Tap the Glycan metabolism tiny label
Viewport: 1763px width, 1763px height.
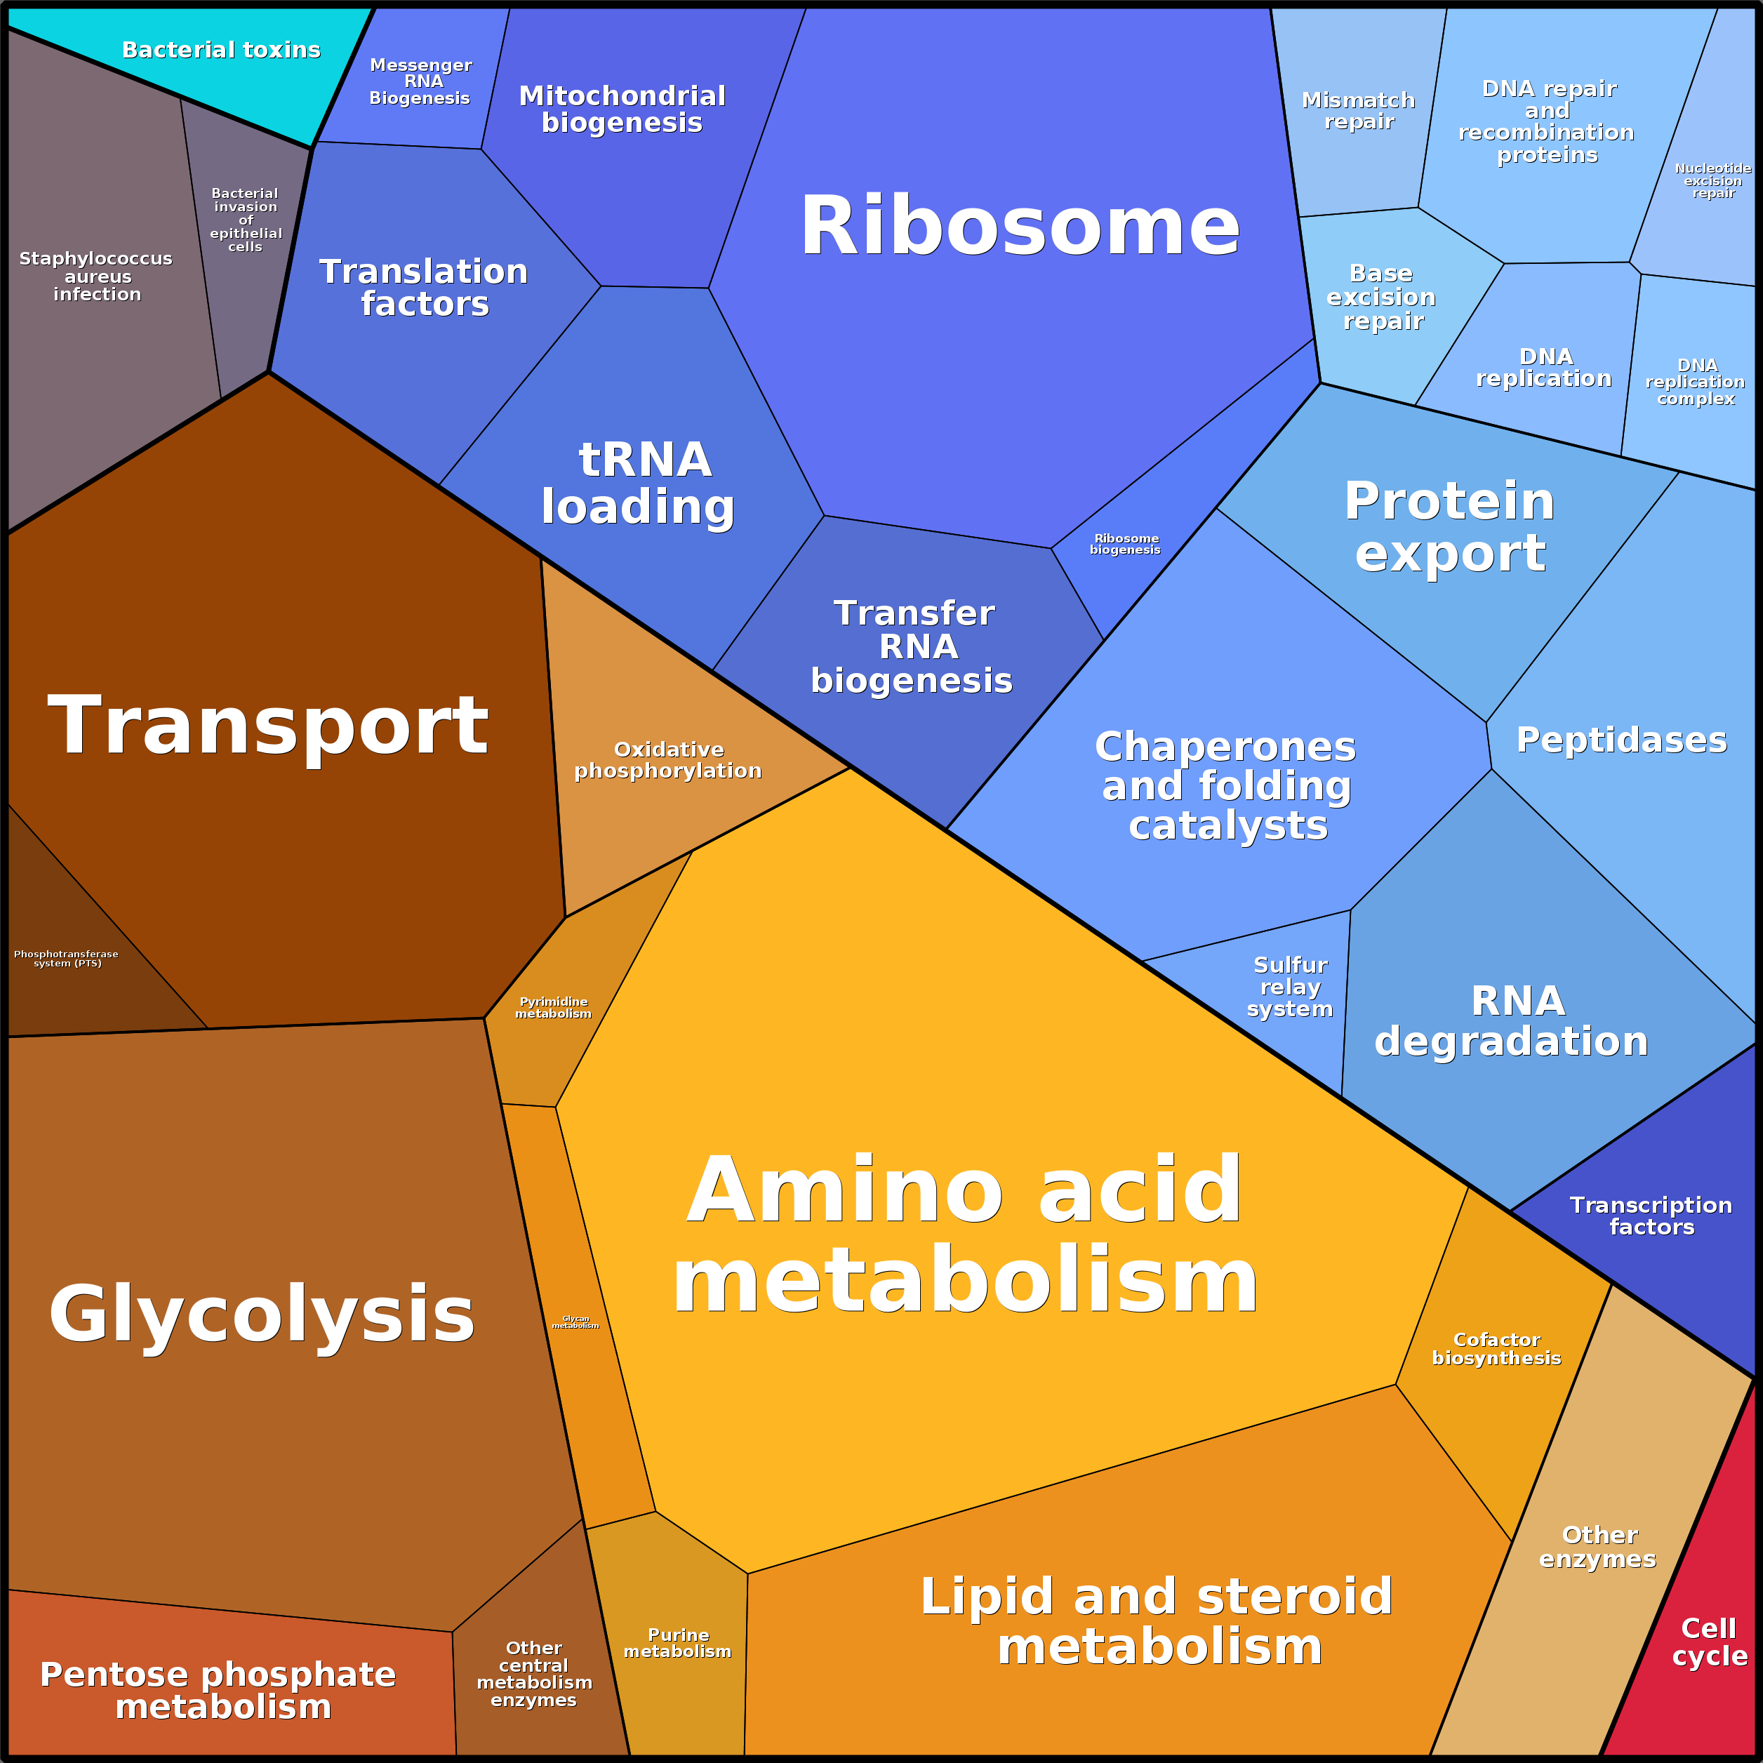tap(576, 1322)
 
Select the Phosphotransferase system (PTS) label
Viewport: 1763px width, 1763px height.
tap(66, 958)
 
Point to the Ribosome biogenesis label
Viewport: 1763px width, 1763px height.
tap(1125, 544)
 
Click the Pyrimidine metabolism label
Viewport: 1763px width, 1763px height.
tap(553, 1007)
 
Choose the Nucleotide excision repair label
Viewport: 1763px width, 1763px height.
tap(1712, 180)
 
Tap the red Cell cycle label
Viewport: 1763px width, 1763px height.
tap(1709, 1642)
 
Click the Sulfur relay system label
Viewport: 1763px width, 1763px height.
tap(1290, 987)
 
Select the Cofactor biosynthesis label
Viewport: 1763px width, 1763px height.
tap(1496, 1349)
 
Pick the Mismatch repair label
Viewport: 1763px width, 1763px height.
tap(1359, 110)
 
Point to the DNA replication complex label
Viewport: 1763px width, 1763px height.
tap(1696, 381)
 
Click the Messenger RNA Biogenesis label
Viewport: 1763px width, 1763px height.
tap(420, 81)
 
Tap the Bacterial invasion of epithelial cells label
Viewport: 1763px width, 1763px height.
tap(246, 220)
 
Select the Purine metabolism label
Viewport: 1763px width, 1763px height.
tap(677, 1642)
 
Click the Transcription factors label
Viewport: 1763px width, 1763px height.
tap(1651, 1216)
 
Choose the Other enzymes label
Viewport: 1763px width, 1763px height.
tap(1598, 1547)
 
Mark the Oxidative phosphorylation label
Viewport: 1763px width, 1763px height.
tap(668, 760)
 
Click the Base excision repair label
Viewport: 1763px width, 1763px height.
tap(1382, 297)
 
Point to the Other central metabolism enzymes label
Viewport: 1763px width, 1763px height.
tap(534, 1674)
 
